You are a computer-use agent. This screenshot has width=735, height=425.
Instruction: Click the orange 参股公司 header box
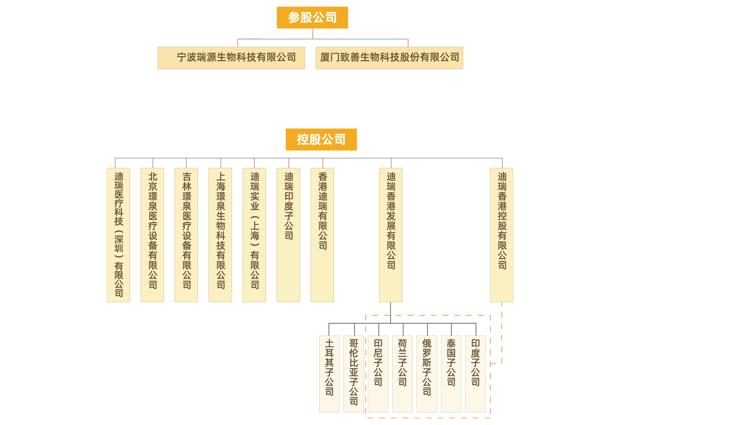[x=312, y=18]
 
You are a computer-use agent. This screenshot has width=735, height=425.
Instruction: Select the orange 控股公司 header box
[x=321, y=140]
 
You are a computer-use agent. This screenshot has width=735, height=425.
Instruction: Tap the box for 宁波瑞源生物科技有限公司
[x=231, y=58]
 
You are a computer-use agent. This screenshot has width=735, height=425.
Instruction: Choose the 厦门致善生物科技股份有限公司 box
[x=389, y=58]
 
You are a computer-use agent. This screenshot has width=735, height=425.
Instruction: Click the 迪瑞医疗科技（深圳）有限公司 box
[x=118, y=234]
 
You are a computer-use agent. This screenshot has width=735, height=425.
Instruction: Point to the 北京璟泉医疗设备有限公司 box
[x=152, y=234]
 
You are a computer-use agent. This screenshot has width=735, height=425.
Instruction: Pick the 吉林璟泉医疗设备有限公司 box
[x=186, y=234]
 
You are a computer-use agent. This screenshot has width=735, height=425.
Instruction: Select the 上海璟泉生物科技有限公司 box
[x=220, y=234]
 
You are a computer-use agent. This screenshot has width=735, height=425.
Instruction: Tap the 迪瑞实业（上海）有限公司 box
[x=254, y=234]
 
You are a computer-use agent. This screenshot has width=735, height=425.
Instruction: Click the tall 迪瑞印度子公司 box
[x=288, y=234]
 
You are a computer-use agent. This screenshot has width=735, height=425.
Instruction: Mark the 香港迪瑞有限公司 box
[x=322, y=234]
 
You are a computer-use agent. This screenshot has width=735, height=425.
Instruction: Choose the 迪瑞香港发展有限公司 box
[x=391, y=234]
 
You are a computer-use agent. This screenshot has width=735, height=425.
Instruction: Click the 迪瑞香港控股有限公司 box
[x=502, y=234]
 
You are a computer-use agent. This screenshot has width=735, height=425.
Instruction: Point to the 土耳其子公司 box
[x=329, y=374]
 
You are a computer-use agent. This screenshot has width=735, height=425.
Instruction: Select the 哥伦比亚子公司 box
[x=354, y=374]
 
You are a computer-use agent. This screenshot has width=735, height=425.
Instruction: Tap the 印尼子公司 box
[x=378, y=374]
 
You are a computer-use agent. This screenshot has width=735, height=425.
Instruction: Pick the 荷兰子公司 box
[x=402, y=374]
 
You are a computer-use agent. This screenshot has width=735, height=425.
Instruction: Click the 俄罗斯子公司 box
[x=427, y=374]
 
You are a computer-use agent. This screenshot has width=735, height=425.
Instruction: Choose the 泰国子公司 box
[x=451, y=374]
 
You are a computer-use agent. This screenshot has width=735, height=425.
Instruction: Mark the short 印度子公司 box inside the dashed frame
[x=475, y=374]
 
